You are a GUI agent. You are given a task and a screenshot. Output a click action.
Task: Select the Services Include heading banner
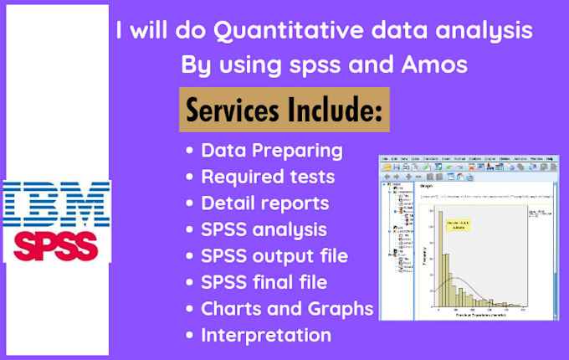(284, 109)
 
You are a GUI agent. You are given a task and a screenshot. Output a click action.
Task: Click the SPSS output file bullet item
(274, 255)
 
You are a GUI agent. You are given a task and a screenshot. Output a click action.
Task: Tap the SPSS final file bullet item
(264, 282)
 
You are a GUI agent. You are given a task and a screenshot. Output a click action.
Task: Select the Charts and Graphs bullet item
(287, 308)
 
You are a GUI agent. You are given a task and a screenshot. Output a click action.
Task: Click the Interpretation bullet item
(266, 335)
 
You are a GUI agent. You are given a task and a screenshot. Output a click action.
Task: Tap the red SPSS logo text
(56, 245)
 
